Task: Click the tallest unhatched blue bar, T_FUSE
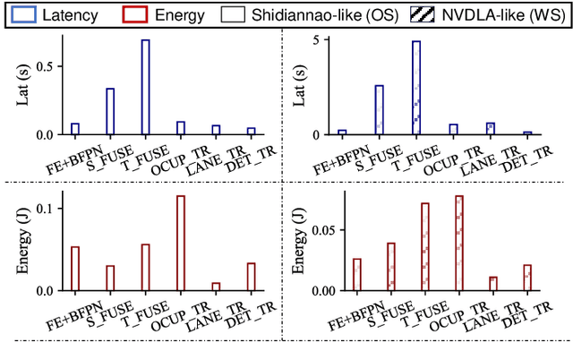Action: click(x=145, y=87)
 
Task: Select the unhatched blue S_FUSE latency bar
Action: click(x=110, y=111)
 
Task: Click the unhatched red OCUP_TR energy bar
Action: click(x=180, y=243)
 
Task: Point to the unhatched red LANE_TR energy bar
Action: click(x=216, y=287)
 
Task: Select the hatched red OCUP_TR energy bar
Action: click(x=459, y=243)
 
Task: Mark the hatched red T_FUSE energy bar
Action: click(x=425, y=246)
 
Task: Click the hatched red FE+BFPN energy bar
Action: click(x=357, y=274)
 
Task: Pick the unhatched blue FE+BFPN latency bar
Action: click(x=75, y=129)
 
